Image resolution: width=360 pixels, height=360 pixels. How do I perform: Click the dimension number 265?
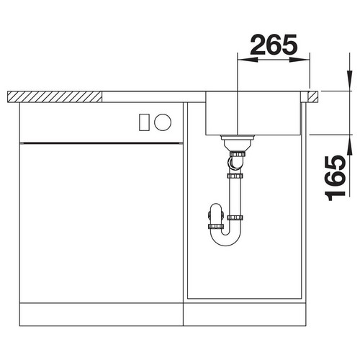pos(274,45)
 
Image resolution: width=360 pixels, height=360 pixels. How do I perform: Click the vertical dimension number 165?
pos(336,178)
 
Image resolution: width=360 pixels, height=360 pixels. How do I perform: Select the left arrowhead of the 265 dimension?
pos(248,60)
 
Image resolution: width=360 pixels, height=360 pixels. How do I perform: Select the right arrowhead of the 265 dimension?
pos(298,60)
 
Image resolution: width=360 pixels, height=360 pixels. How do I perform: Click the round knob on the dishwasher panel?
pos(163,122)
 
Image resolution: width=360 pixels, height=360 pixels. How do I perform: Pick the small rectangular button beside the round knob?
pos(144,122)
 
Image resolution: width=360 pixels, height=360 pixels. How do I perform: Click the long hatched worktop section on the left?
pos(55,97)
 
